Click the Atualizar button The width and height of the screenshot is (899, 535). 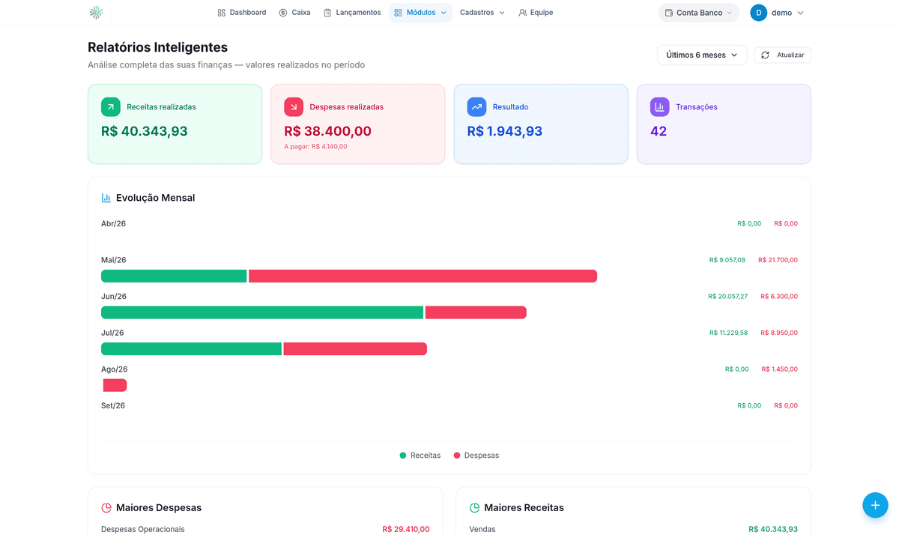pos(782,55)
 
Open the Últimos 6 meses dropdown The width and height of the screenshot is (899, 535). pos(702,55)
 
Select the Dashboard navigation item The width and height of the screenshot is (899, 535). pos(241,13)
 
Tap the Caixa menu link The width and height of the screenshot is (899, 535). pos(294,13)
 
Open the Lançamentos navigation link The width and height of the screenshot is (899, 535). pos(352,13)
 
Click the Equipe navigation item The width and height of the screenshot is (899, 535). pos(536,13)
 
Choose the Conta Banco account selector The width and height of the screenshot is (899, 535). pos(698,13)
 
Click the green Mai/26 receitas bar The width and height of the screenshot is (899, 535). pos(174,276)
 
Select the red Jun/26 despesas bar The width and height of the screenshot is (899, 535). pos(476,312)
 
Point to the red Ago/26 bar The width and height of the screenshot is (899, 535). pos(115,385)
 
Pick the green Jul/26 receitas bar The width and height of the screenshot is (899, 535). pos(192,348)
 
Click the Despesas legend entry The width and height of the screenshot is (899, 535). pos(476,455)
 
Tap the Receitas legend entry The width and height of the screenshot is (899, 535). pos(420,455)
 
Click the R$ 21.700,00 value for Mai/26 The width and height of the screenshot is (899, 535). pos(778,260)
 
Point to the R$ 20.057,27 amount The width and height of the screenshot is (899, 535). pos(727,297)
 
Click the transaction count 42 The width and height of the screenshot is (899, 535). pos(659,131)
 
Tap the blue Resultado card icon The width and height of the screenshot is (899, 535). pos(476,106)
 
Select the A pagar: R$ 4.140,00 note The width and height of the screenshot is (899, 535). pos(315,147)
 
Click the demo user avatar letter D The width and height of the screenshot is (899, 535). pos(758,13)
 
